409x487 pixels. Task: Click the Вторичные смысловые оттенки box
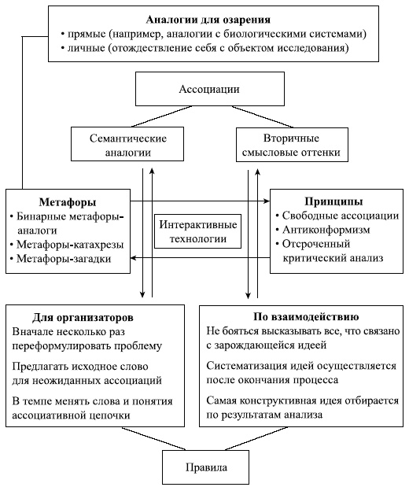(x=276, y=143)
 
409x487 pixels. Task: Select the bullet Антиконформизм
(x=321, y=230)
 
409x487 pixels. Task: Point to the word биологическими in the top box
(x=281, y=34)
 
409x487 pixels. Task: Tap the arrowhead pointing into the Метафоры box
(x=134, y=259)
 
